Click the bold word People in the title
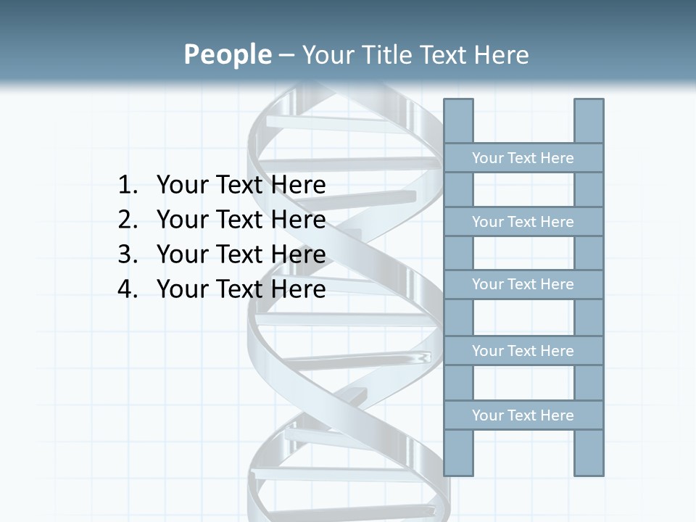(x=227, y=54)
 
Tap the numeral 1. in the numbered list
(x=127, y=186)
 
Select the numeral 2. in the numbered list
(x=127, y=220)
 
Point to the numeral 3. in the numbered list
(x=127, y=254)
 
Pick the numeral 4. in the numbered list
(x=127, y=289)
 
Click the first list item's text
(x=241, y=186)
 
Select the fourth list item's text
(x=241, y=289)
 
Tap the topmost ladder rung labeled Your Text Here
(x=523, y=158)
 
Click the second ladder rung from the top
(x=523, y=222)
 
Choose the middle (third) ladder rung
(x=523, y=284)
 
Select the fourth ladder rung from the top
(x=523, y=351)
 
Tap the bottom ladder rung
(x=523, y=415)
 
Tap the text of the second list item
(x=241, y=220)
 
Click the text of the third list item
(x=241, y=254)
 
